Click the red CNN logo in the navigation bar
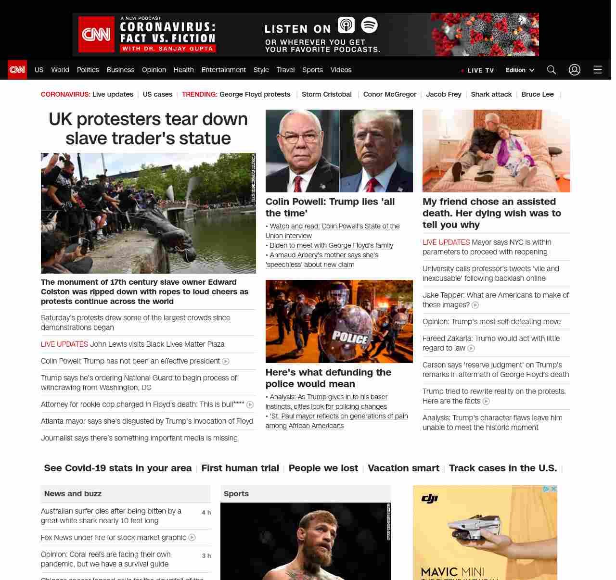(x=17, y=70)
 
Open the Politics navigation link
(x=88, y=70)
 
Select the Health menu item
(x=183, y=70)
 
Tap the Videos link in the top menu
(x=341, y=70)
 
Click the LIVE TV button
(x=477, y=70)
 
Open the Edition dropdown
(x=520, y=70)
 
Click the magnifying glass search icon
(x=552, y=70)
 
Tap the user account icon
(x=574, y=70)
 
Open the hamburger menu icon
(x=598, y=70)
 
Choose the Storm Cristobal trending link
(x=326, y=94)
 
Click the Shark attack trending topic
(x=491, y=94)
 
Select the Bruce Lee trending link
(x=537, y=94)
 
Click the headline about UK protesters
(x=148, y=128)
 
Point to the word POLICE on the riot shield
(x=350, y=338)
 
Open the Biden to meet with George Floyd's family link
(x=331, y=245)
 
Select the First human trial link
(x=240, y=468)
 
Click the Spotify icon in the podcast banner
(x=369, y=25)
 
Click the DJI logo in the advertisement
(x=429, y=499)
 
